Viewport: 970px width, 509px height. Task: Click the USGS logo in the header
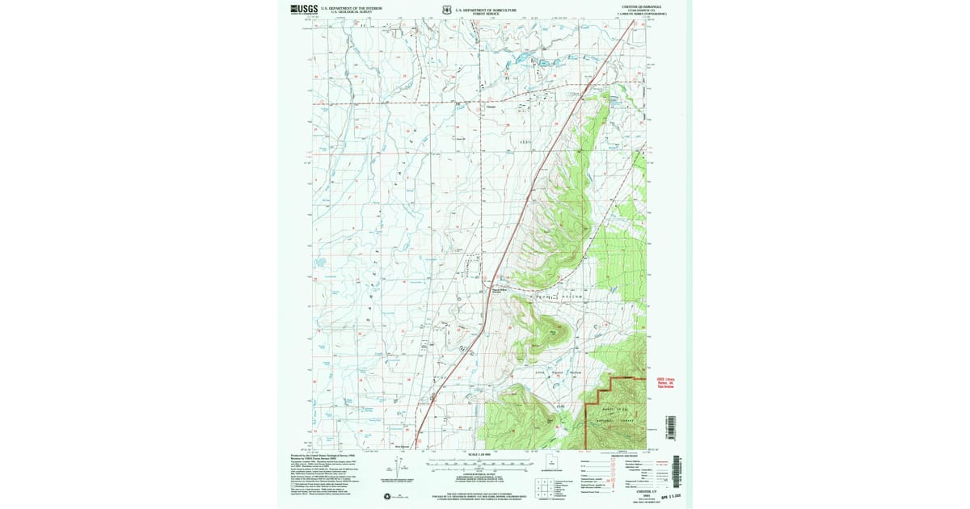tap(305, 10)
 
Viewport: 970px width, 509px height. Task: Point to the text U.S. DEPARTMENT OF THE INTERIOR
tap(351, 8)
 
